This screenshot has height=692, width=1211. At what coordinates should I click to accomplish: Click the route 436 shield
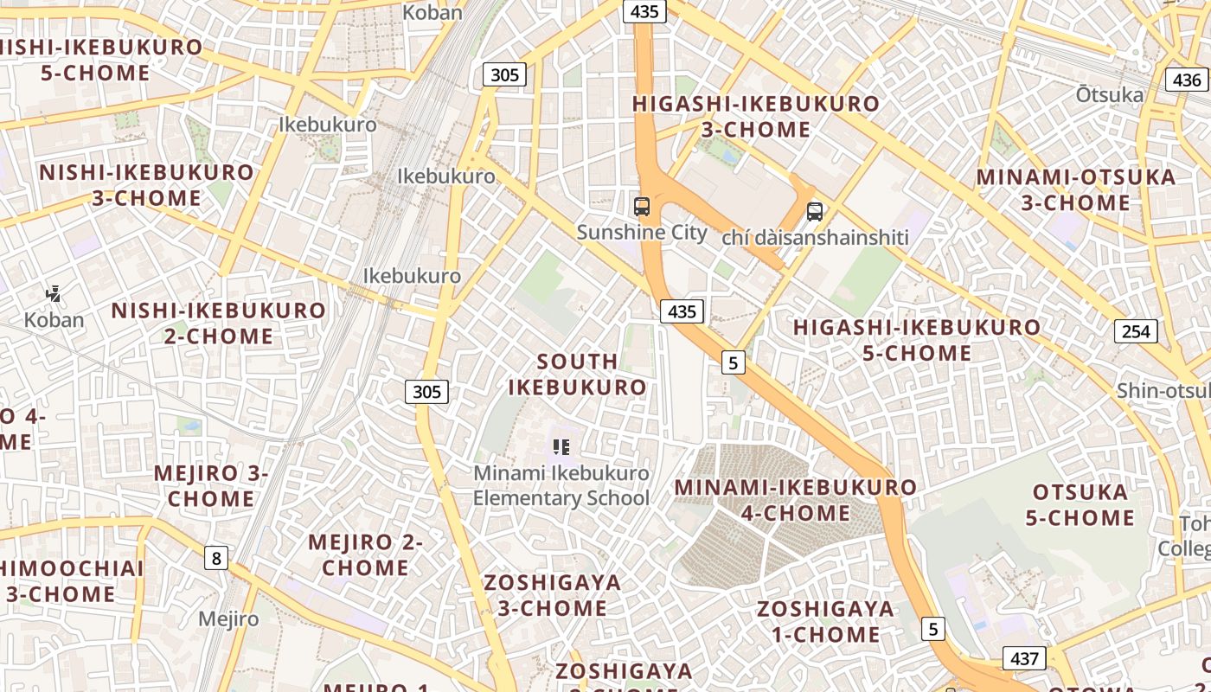(1187, 80)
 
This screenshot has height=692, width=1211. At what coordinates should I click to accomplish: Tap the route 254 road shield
(1136, 331)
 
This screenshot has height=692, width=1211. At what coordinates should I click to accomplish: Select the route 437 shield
(1024, 658)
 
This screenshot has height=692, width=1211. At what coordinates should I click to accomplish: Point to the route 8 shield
(215, 558)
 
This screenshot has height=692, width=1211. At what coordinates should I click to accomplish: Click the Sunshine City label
(642, 233)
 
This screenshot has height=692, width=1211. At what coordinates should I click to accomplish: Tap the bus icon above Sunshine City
(642, 207)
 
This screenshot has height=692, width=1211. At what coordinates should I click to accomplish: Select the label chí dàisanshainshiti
(815, 237)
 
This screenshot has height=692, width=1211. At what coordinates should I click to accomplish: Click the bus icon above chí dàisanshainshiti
(815, 211)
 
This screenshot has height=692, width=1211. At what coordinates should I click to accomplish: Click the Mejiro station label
(228, 619)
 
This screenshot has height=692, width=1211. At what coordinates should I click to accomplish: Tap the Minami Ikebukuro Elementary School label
(561, 485)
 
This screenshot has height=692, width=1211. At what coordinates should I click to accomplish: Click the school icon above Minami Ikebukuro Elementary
(561, 447)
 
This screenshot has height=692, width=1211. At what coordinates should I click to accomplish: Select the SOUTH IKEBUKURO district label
(577, 374)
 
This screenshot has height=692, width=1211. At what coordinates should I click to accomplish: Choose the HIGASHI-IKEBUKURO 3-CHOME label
(756, 117)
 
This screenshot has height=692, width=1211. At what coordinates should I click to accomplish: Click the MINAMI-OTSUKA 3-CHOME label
(1076, 190)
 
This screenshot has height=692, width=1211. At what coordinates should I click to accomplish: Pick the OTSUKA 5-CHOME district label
(1080, 505)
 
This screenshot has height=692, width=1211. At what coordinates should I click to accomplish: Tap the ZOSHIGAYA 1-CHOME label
(826, 621)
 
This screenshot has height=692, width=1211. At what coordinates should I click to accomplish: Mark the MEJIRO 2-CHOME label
(365, 555)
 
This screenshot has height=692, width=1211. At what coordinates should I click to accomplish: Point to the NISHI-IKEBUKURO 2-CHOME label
(219, 323)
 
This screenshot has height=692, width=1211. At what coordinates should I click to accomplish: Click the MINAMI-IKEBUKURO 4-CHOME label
(796, 500)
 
